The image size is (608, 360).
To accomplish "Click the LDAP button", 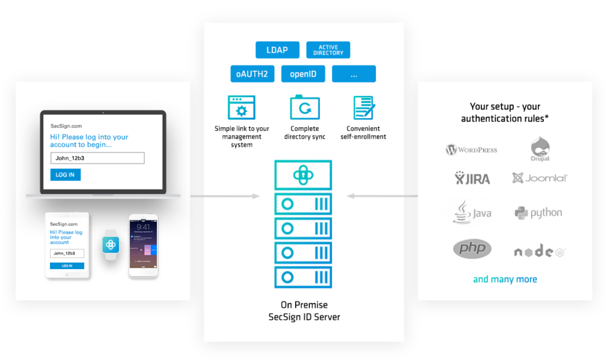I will pyautogui.click(x=277, y=50).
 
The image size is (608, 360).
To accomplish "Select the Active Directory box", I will pyautogui.click(x=328, y=50).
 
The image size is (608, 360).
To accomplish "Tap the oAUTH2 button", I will pyautogui.click(x=252, y=74).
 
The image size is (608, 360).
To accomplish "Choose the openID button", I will pyautogui.click(x=303, y=74).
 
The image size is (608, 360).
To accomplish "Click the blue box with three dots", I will pyautogui.click(x=354, y=74).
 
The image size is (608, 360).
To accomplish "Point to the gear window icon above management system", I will pyautogui.click(x=241, y=108).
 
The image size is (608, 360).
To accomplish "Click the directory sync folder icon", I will pyautogui.click(x=305, y=108).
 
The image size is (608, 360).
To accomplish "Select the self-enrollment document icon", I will pyautogui.click(x=363, y=108).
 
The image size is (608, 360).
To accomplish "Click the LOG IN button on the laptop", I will pyautogui.click(x=65, y=175).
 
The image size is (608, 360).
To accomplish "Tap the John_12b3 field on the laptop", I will pyautogui.click(x=97, y=158).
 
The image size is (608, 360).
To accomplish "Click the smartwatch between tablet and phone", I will pyautogui.click(x=111, y=244).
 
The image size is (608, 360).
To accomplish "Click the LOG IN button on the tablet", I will pyautogui.click(x=66, y=266).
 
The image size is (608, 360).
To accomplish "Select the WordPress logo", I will pyautogui.click(x=471, y=149).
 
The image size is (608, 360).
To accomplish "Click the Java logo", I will pyautogui.click(x=473, y=213).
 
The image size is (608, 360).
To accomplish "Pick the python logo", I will pyautogui.click(x=539, y=213).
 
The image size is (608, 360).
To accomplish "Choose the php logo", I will pyautogui.click(x=472, y=248).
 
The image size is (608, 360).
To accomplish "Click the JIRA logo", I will pyautogui.click(x=473, y=178).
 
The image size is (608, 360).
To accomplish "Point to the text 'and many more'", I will pyautogui.click(x=505, y=280).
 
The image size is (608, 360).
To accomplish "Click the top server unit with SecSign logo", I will pyautogui.click(x=303, y=175).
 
